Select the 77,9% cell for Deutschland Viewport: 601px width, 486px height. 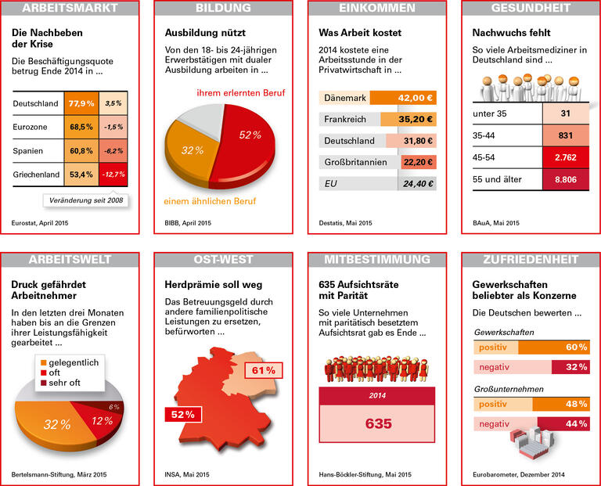81,103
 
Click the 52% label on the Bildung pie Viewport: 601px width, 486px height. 250,135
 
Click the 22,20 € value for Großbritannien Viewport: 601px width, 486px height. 417,162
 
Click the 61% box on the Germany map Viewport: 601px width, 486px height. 264,369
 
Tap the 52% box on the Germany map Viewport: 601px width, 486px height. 181,413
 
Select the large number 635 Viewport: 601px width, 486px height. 379,423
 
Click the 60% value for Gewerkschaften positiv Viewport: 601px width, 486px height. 576,347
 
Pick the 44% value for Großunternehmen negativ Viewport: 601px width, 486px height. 576,423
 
